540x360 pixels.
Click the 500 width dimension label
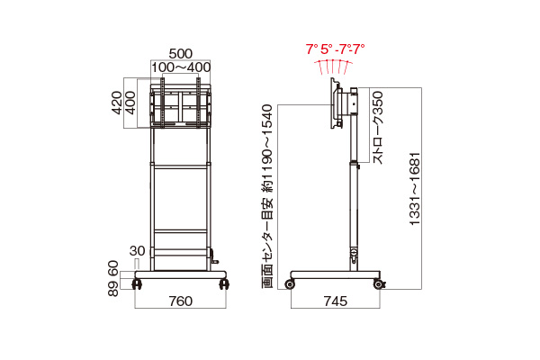tap(181, 54)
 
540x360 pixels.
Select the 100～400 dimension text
tap(181, 67)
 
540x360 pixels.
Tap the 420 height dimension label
tap(117, 103)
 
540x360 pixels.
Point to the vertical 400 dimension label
tap(130, 103)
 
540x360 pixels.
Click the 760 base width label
tap(181, 301)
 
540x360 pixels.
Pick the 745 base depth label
tap(336, 301)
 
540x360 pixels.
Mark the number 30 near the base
tap(137, 251)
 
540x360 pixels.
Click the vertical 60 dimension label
tap(113, 268)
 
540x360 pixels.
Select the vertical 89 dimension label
tap(113, 288)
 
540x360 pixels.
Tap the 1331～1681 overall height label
tap(415, 189)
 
